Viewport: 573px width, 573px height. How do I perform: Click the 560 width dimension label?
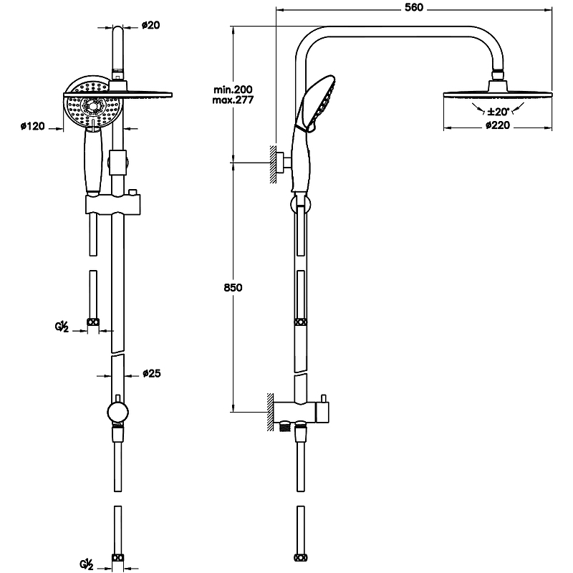click(x=415, y=7)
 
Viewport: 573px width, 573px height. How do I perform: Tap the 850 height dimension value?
click(x=233, y=287)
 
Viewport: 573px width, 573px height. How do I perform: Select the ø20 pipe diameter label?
click(x=150, y=26)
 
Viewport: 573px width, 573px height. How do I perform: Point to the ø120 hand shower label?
click(x=32, y=126)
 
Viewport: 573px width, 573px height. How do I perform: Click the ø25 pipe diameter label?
click(x=150, y=373)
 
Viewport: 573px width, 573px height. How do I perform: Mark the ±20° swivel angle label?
click(x=497, y=112)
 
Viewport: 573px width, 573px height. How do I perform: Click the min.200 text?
click(x=233, y=89)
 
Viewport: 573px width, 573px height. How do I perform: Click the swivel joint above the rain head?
click(x=498, y=74)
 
